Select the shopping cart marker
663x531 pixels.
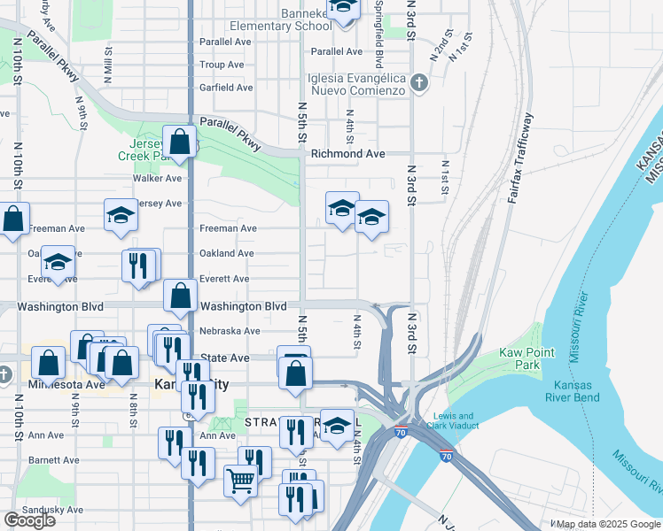click(240, 481)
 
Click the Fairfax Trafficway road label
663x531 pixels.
click(520, 159)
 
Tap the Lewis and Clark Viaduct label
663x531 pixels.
click(453, 421)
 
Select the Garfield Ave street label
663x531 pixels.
click(226, 88)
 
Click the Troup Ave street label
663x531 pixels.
click(221, 65)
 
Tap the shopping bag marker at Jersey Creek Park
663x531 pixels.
click(179, 142)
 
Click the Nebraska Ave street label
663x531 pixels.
click(230, 331)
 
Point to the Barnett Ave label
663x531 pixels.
click(53, 460)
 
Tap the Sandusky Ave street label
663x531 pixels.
click(55, 510)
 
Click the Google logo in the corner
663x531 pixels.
click(28, 520)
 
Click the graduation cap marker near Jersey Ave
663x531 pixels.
click(121, 215)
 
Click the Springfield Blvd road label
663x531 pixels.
click(378, 40)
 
